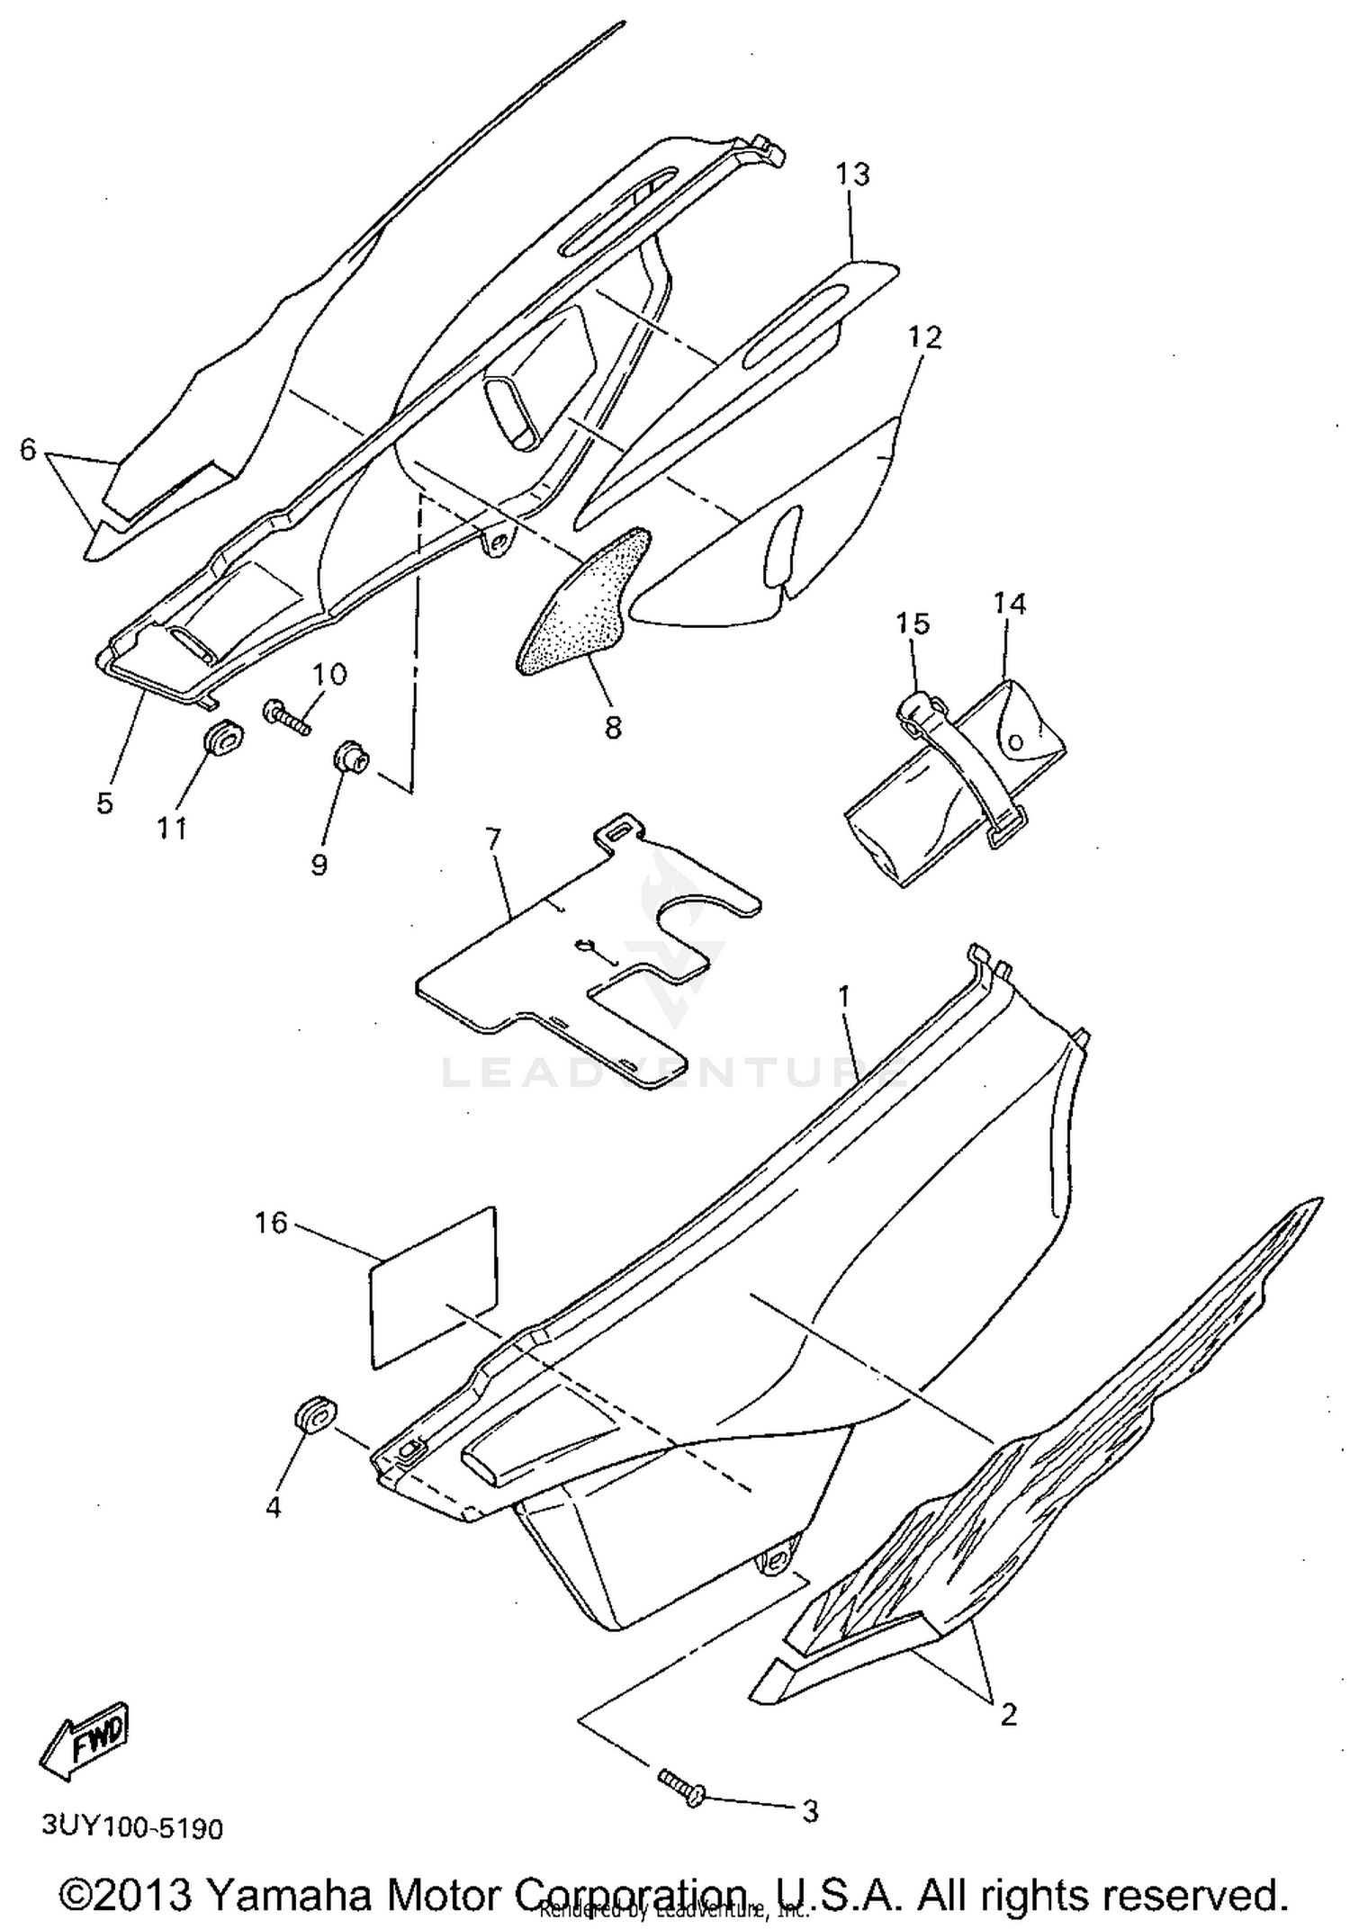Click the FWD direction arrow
pyautogui.click(x=86, y=1741)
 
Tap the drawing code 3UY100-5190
pyautogui.click(x=132, y=1828)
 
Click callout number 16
pyautogui.click(x=271, y=1223)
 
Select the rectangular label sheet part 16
pyautogui.click(x=432, y=1287)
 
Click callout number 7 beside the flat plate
pyautogui.click(x=491, y=839)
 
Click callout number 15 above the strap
pyautogui.click(x=913, y=624)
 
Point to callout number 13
pyautogui.click(x=852, y=174)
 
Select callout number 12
pyautogui.click(x=924, y=337)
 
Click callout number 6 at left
pyautogui.click(x=28, y=449)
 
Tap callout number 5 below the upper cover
pyautogui.click(x=105, y=803)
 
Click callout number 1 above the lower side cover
pyautogui.click(x=843, y=996)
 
